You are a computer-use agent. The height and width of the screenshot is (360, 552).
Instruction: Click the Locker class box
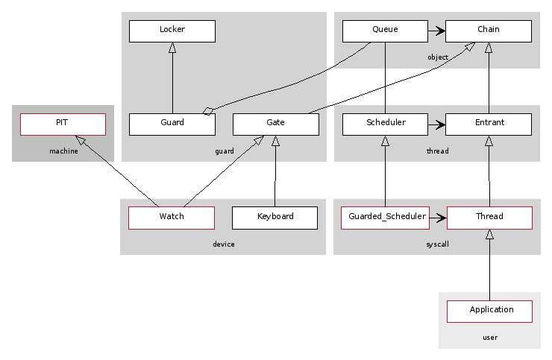172,31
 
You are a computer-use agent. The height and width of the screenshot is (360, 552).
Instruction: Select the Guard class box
172,124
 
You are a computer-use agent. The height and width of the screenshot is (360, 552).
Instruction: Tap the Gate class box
275,124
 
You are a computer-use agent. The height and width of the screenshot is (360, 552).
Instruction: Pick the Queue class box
385,31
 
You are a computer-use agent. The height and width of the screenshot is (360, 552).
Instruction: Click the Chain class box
489,31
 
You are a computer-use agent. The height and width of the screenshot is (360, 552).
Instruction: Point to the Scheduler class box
385,124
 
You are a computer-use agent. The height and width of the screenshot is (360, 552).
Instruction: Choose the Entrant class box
489,124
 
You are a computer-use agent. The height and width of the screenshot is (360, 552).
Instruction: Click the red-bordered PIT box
63,124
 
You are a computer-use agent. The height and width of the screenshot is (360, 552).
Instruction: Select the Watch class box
172,218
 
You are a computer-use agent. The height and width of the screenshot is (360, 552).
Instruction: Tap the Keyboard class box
275,218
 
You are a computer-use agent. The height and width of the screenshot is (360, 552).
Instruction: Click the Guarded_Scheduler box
386,218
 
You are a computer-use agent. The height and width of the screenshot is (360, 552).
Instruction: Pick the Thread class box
489,218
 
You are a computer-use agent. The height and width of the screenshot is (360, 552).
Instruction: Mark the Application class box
489,311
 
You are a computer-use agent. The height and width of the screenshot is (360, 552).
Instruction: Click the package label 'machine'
63,151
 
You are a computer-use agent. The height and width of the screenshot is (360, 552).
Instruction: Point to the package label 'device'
223,244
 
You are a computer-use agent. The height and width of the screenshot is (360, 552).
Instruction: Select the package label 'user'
489,338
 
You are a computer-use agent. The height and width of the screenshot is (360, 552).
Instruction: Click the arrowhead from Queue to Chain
441,31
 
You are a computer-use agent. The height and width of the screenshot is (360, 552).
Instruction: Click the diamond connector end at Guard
208,111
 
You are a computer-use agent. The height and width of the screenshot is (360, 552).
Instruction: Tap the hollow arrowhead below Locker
172,47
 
